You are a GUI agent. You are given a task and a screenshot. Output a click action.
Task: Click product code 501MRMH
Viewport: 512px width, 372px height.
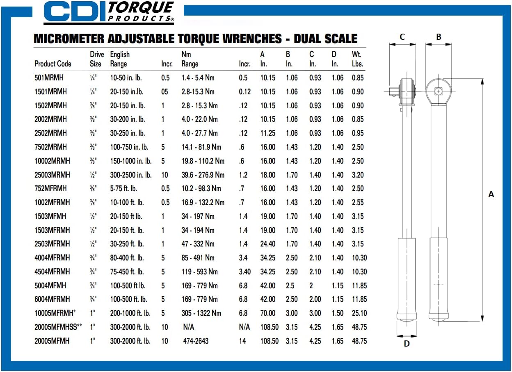pos(49,78)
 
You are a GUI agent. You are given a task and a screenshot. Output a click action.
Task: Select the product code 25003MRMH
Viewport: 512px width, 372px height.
pos(53,175)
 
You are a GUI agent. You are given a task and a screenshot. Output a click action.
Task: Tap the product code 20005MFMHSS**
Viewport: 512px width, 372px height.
pos(58,327)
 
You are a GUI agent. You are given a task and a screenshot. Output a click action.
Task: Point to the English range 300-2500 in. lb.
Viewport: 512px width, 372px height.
pos(131,175)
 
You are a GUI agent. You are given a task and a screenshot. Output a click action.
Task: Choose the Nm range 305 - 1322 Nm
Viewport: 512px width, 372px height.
pos(201,313)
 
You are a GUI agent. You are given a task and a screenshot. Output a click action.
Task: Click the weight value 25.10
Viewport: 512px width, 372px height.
pos(359,313)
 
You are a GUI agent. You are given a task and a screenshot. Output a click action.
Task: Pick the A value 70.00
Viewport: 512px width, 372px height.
pos(268,313)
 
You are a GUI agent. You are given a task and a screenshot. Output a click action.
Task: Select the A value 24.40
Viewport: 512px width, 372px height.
pos(268,244)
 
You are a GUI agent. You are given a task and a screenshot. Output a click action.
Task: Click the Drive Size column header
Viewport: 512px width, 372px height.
pos(97,59)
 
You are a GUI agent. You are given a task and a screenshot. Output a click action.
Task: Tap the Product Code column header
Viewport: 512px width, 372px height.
pos(53,64)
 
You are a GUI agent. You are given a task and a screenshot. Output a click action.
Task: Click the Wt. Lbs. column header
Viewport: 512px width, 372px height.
pos(357,59)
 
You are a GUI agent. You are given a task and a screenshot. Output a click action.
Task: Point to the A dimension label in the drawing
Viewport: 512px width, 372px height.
pos(491,195)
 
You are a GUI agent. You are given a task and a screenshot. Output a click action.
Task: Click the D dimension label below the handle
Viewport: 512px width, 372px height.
pos(407,344)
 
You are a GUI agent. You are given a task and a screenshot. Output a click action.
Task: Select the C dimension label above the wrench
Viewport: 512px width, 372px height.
pos(402,37)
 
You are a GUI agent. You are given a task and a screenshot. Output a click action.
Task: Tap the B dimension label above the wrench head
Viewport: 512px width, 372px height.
pos(439,37)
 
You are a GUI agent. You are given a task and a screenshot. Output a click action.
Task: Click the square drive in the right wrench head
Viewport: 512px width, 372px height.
pos(439,91)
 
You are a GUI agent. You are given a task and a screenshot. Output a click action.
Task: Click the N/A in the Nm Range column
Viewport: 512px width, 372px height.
pos(189,327)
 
